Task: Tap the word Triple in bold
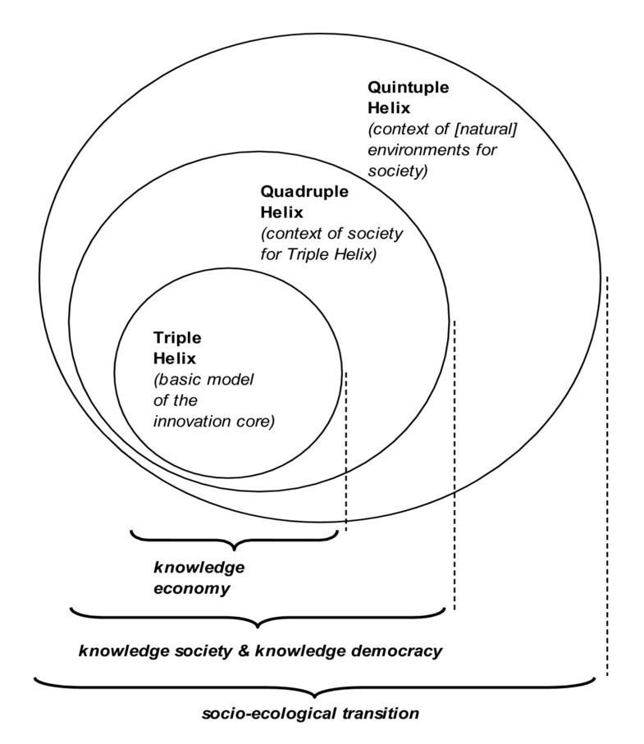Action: [x=177, y=337]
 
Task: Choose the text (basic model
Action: [x=203, y=380]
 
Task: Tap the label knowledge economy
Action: [x=199, y=577]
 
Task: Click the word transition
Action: [x=377, y=713]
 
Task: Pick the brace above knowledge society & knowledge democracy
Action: [x=258, y=616]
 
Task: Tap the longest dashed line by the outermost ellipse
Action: [x=607, y=476]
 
